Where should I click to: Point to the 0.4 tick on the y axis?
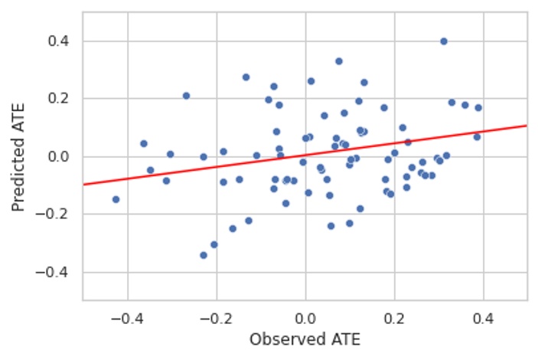[x=63, y=41]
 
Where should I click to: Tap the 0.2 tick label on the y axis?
[x=63, y=99]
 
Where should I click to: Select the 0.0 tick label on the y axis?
[x=63, y=157]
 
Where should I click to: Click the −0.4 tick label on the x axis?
[x=127, y=314]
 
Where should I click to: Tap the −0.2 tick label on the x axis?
[x=216, y=314]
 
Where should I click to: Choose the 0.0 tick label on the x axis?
[x=305, y=314]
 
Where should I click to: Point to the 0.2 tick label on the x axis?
[x=395, y=314]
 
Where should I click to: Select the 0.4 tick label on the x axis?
[x=484, y=314]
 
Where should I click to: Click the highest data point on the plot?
[x=444, y=41]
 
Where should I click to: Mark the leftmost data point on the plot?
[x=116, y=199]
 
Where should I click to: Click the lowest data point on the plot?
[x=204, y=255]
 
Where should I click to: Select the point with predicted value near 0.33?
[x=339, y=61]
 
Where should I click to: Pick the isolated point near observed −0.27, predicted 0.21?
[x=186, y=96]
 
